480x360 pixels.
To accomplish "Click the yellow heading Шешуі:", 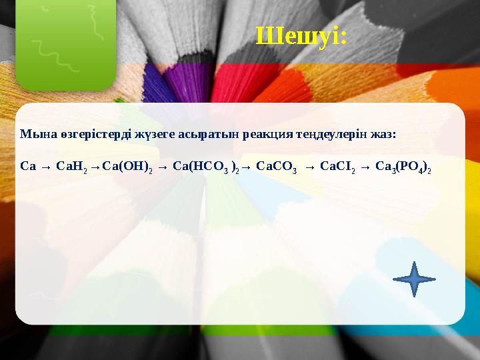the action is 301,37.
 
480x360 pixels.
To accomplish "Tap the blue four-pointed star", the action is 414,279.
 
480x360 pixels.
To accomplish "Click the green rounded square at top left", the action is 66,45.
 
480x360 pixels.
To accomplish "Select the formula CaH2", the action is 71,167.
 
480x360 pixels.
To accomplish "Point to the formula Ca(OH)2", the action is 127,167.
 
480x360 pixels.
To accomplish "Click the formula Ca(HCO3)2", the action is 206,167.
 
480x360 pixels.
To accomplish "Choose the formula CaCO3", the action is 276,167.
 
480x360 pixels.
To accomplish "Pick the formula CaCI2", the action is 337,167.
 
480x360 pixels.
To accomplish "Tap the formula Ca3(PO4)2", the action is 403,167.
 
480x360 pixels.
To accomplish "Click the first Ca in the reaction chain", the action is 28,166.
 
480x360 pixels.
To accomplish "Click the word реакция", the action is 268,135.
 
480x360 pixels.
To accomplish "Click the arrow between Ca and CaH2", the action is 46,167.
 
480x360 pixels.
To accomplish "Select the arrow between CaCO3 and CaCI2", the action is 310,167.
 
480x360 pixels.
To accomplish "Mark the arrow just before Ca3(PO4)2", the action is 365,167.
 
